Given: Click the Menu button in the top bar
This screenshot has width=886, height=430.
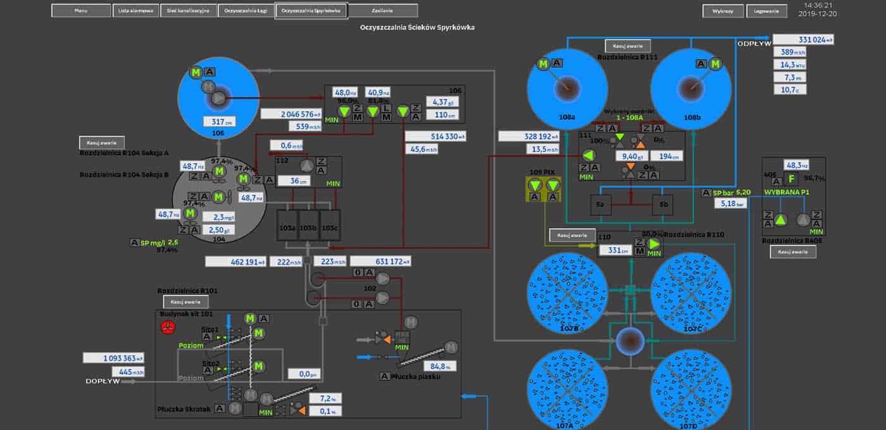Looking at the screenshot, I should (x=80, y=11).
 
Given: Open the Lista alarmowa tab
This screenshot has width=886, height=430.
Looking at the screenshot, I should (x=135, y=11).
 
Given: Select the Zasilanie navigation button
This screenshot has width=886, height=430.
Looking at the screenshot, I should (x=383, y=11).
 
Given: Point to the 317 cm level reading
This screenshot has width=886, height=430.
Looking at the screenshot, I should (x=218, y=122).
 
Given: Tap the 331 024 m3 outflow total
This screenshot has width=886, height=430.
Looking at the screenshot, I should (x=802, y=40).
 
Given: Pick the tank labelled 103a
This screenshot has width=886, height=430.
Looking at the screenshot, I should (x=288, y=227).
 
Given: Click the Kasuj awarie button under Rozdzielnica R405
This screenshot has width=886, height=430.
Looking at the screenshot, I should (x=793, y=251).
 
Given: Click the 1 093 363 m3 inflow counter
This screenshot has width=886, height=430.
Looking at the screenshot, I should (x=113, y=358).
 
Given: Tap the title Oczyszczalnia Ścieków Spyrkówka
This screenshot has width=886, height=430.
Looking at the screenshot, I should (x=417, y=27).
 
